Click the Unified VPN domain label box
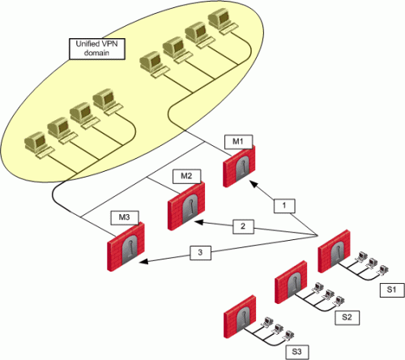point(97,49)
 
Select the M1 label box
point(238,142)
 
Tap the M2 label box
point(186,176)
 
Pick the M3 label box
point(125,217)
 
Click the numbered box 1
point(284,206)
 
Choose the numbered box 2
point(243,226)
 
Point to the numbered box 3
point(200,253)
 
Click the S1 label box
point(392,290)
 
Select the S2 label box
point(347,317)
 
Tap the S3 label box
point(297,352)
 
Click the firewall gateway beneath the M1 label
point(239,166)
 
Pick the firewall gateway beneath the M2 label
point(186,206)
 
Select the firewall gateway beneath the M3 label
point(126,246)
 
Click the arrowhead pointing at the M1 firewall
point(253,184)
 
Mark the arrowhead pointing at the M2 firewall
point(199,222)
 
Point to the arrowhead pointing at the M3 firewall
point(143,261)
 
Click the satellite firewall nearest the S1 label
point(335,251)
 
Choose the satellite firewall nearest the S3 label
point(240,316)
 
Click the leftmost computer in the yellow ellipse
point(38,144)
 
